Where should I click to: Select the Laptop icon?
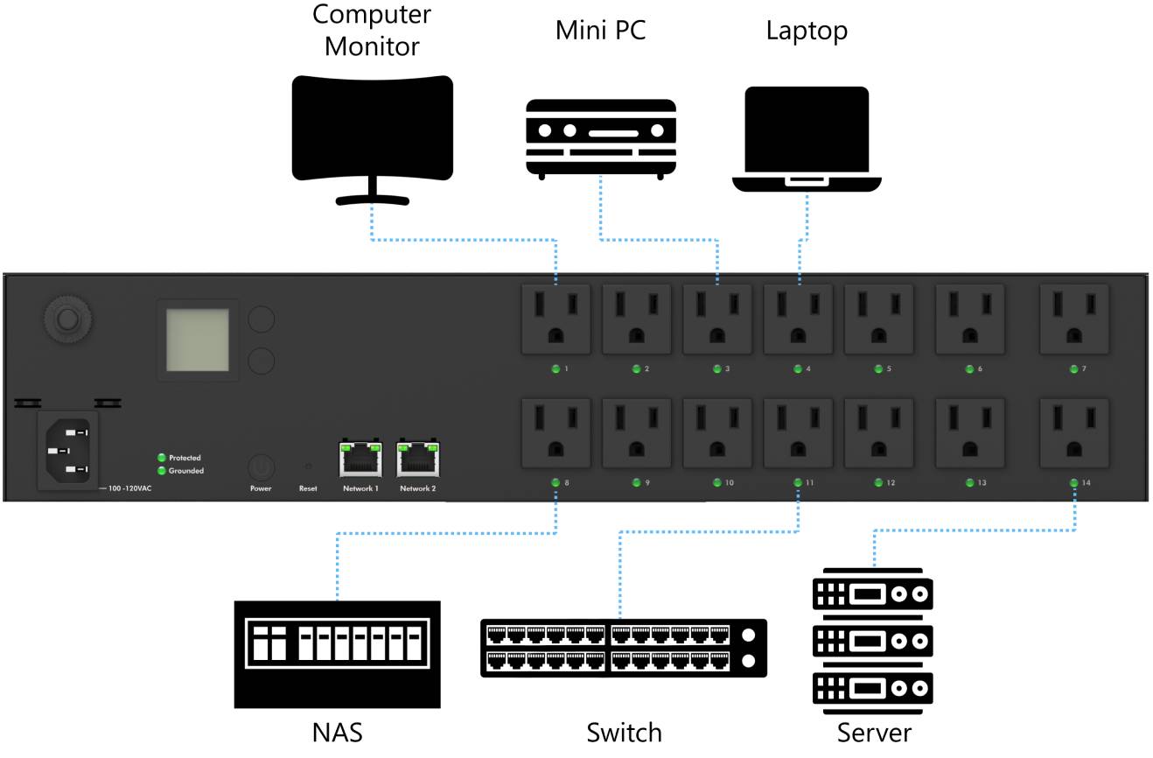pyautogui.click(x=806, y=136)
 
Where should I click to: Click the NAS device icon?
pyautogui.click(x=337, y=652)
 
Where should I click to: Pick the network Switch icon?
pyautogui.click(x=624, y=648)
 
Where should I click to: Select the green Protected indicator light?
pyautogui.click(x=162, y=458)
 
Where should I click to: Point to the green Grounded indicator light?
pyautogui.click(x=162, y=471)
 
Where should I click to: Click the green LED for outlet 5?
pyautogui.click(x=878, y=368)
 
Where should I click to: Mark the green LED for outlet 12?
pyautogui.click(x=878, y=482)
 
